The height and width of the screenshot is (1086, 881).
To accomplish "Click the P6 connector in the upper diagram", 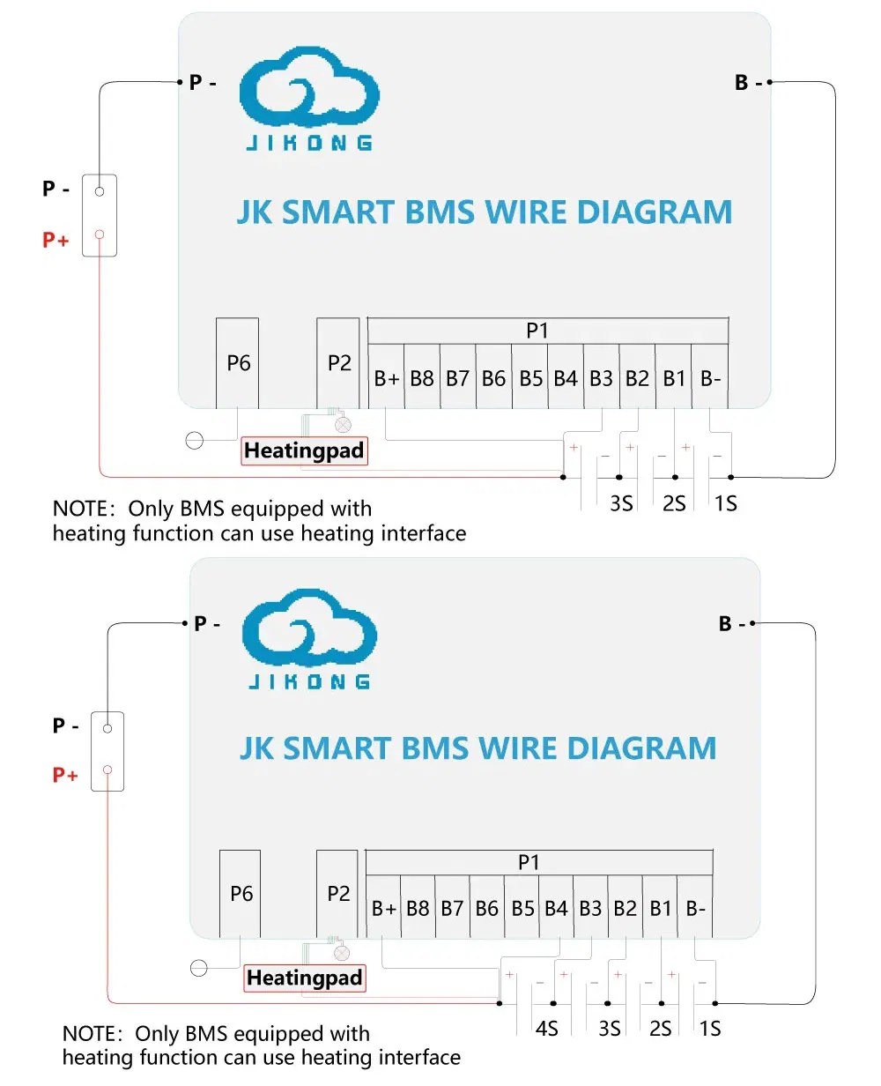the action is (x=237, y=362).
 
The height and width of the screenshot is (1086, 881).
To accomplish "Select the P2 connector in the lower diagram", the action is (x=337, y=893).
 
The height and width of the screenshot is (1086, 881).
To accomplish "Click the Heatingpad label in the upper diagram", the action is (x=304, y=450).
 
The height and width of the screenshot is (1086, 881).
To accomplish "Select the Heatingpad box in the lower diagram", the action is (x=305, y=978).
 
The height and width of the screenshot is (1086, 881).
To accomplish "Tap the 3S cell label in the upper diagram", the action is (x=621, y=503).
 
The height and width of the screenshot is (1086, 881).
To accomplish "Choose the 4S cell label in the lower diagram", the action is (x=547, y=1029).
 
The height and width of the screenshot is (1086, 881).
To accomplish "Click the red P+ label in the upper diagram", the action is (x=55, y=239).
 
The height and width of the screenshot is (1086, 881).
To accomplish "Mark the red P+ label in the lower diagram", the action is (x=64, y=775).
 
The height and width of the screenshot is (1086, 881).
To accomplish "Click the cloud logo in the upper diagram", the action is (x=309, y=86).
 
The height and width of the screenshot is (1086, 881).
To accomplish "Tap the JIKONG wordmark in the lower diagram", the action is (x=309, y=681).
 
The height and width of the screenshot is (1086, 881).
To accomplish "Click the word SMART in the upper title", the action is (x=337, y=212).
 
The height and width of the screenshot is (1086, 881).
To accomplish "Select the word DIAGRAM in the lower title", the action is (x=641, y=748).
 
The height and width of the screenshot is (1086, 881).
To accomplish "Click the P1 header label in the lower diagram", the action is (x=529, y=862).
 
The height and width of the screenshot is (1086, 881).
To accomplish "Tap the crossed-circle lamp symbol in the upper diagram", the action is (x=343, y=424).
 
